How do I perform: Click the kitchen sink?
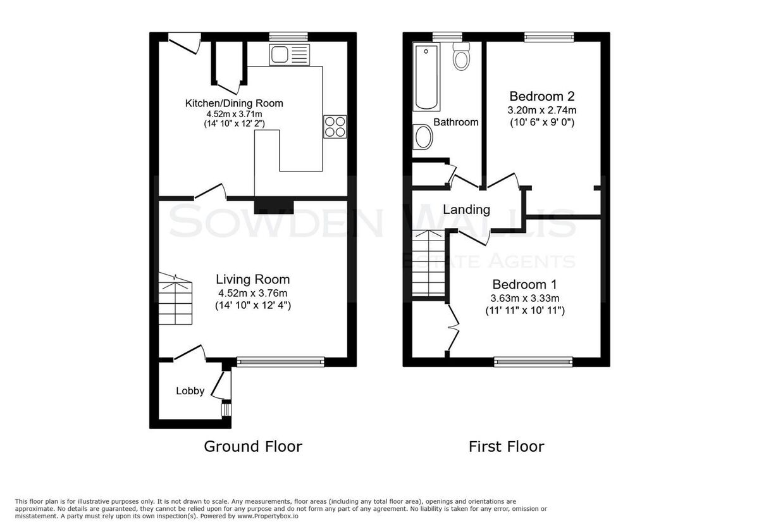click(290, 54)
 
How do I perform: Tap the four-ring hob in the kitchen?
click(335, 127)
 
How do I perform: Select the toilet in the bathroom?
click(461, 56)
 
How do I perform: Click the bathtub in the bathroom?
click(426, 77)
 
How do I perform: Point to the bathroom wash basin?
click(423, 137)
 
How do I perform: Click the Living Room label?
click(253, 279)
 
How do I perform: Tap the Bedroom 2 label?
click(542, 96)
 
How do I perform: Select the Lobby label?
click(190, 391)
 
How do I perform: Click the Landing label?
click(466, 209)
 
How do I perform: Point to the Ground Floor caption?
click(253, 447)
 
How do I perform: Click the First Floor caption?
click(506, 447)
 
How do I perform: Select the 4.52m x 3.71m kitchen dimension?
click(234, 114)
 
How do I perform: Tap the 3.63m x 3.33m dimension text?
click(525, 298)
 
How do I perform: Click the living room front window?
click(280, 362)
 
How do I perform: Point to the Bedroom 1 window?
click(533, 362)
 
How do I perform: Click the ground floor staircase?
click(176, 298)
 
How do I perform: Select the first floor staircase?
click(428, 263)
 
